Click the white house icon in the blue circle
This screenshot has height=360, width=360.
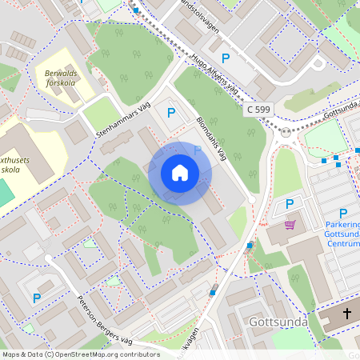(180, 173)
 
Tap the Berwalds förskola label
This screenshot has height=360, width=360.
(57, 77)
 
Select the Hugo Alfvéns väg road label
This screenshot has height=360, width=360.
(216, 74)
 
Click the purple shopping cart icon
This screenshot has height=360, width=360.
(290, 225)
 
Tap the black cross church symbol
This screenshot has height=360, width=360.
(346, 314)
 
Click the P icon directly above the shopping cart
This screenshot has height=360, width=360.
(290, 203)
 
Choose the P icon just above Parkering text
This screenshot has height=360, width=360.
(343, 213)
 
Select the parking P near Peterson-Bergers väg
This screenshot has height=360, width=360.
(36, 298)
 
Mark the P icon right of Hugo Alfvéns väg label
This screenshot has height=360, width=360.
(226, 58)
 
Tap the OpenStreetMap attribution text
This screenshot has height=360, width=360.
(80, 354)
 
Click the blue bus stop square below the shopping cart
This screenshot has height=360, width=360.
(250, 245)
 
